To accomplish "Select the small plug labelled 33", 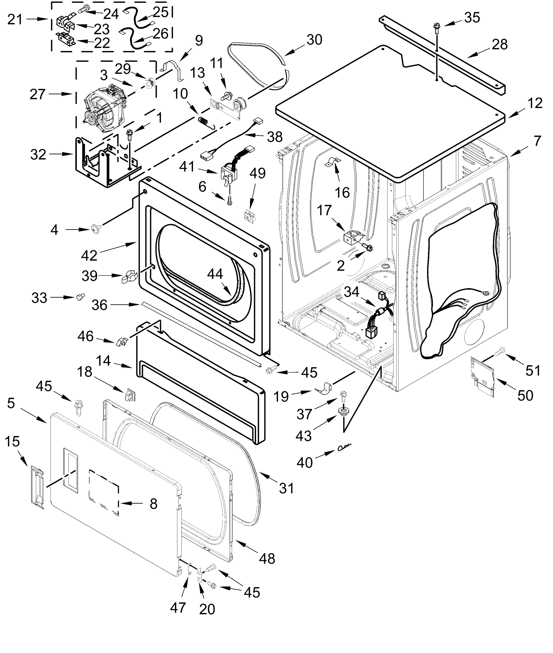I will click(81, 297).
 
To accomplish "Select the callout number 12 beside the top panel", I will click(535, 103).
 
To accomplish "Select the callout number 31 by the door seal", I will click(286, 488).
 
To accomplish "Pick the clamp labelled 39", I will click(129, 276).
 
